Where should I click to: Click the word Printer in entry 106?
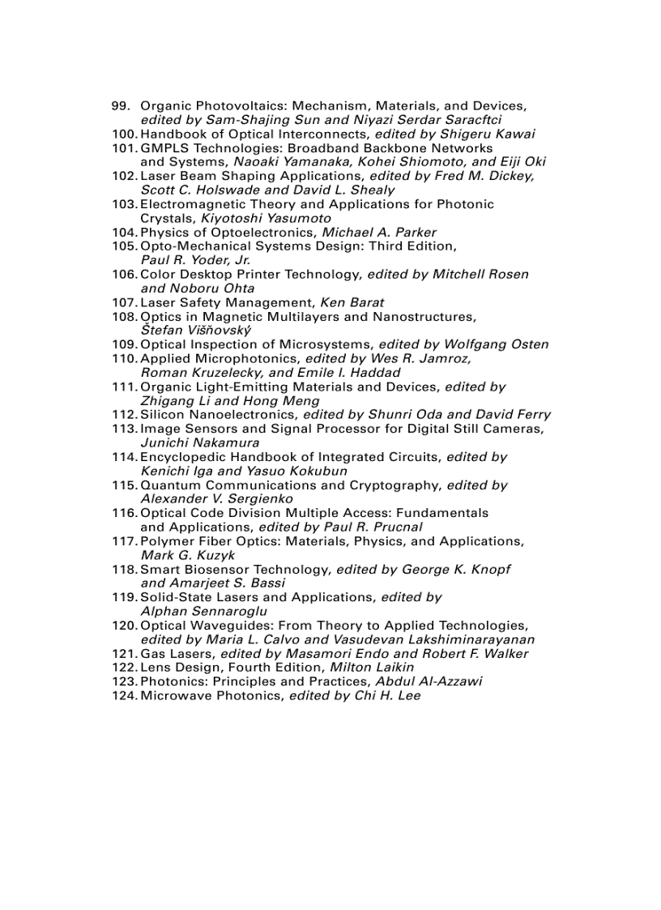tap(265, 275)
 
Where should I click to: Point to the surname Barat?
tap(365, 302)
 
